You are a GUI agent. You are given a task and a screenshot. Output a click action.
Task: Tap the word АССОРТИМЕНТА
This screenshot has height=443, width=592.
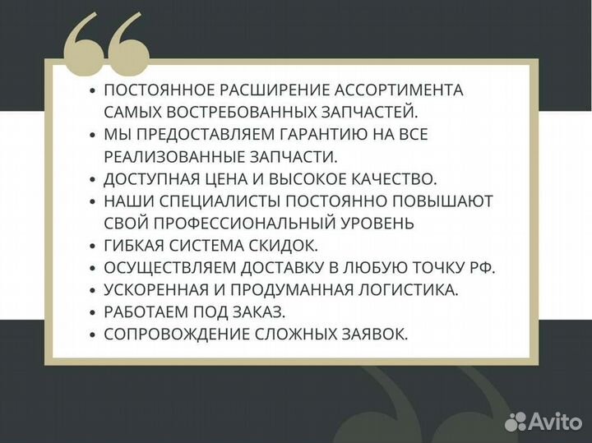405,90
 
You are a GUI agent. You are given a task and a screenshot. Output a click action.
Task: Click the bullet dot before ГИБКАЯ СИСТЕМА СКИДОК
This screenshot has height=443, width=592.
93,246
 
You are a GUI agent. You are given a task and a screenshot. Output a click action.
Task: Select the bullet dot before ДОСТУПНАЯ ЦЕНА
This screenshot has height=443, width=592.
93,179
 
